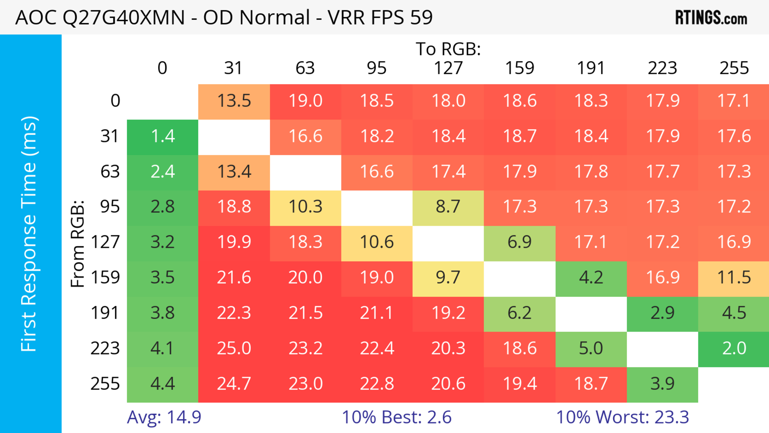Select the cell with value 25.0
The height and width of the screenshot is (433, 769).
(x=234, y=348)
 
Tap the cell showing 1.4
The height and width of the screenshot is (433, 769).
(x=163, y=136)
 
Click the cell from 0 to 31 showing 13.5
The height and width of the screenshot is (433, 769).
(x=234, y=101)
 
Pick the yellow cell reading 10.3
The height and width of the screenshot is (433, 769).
(x=305, y=207)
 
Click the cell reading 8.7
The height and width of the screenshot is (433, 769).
(x=448, y=207)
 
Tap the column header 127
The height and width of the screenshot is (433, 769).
(x=448, y=68)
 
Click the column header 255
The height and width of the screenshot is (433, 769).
(x=734, y=68)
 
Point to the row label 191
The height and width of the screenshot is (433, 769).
(x=105, y=313)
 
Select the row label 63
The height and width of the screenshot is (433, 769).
(x=110, y=172)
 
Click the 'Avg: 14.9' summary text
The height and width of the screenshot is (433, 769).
(x=164, y=417)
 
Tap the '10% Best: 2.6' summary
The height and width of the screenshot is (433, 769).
(x=397, y=417)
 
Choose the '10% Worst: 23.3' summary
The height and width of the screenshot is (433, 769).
(x=622, y=417)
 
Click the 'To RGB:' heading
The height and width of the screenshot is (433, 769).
(x=448, y=49)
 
